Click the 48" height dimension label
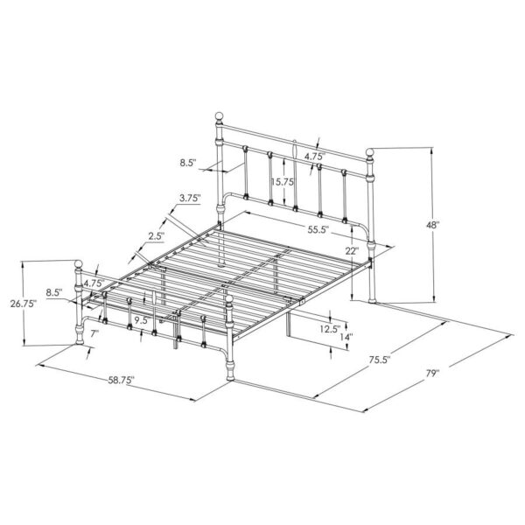coord(432,225)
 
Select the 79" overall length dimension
coord(432,374)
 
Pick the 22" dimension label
coord(352,251)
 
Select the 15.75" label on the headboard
coord(282,183)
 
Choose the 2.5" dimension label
coord(157,237)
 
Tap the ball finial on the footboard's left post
coord(80,262)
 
